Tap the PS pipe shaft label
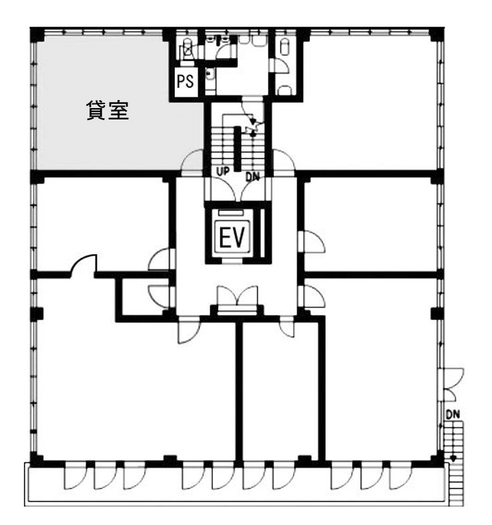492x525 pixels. (186, 81)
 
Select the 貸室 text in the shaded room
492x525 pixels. (107, 110)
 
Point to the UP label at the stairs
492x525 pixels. (223, 171)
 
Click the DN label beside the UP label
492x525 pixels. (252, 177)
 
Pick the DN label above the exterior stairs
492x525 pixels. (453, 414)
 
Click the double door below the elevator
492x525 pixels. (237, 299)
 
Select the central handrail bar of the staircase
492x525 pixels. (237, 148)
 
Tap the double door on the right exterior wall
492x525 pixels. (451, 384)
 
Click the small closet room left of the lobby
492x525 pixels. (143, 296)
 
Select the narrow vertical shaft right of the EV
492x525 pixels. (262, 233)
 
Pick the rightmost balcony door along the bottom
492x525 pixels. (401, 476)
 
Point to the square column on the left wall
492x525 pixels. (37, 314)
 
